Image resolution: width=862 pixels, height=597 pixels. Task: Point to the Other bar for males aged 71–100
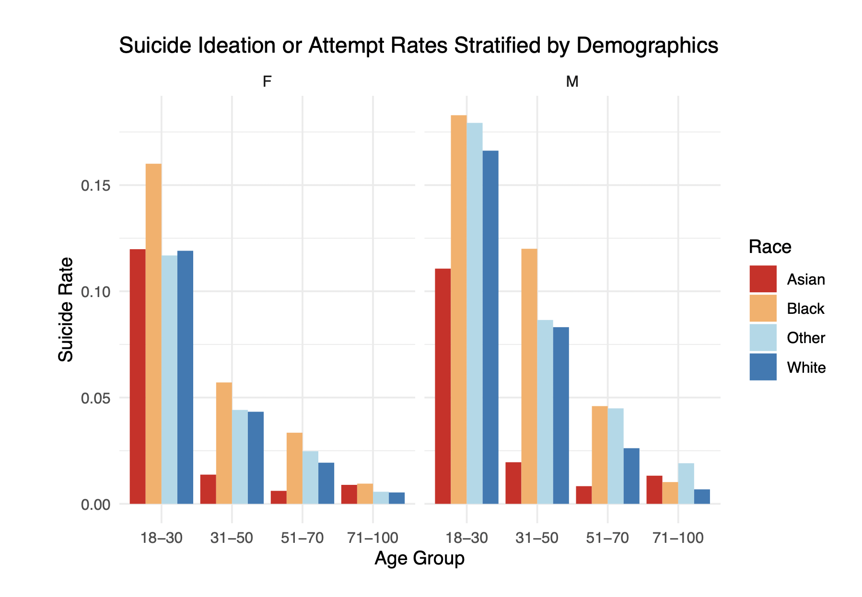coord(686,483)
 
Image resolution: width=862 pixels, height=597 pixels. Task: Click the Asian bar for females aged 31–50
coord(208,489)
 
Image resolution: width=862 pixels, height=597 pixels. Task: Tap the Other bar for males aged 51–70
coord(616,456)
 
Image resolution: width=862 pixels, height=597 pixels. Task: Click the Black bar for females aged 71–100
coord(365,494)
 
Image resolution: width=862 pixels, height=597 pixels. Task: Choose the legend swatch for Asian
coord(762,279)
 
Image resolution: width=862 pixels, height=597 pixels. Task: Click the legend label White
coord(806,367)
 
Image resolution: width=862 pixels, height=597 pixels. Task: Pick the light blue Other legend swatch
coord(762,338)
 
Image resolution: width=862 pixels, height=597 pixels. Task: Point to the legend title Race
coord(769,247)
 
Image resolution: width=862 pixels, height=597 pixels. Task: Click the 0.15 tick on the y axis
coord(95,185)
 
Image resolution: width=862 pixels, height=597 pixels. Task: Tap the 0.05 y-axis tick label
coord(95,398)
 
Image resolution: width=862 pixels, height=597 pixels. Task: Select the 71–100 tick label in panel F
coord(373,538)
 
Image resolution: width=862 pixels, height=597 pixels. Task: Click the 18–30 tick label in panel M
coord(466,538)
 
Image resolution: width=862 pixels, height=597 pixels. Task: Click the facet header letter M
coord(572,82)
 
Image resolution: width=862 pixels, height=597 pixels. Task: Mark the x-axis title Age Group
coord(419,559)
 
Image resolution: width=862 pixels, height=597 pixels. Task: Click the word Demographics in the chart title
coord(647,46)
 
